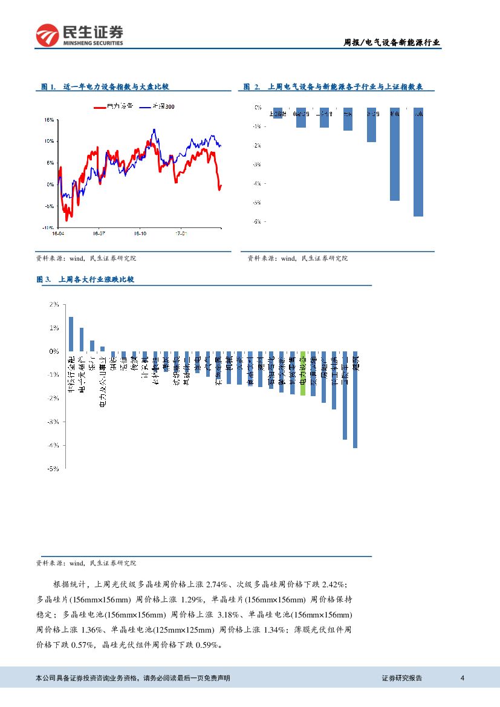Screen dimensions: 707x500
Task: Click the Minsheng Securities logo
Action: click(79, 35)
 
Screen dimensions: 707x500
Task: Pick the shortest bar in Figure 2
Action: click(278, 113)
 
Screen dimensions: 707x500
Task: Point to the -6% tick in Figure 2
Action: click(256, 222)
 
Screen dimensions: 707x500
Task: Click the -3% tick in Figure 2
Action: click(256, 165)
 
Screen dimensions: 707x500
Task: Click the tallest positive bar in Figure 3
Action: click(71, 334)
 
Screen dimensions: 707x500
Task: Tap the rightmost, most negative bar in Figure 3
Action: click(356, 399)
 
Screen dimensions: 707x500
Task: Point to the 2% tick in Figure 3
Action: click(53, 305)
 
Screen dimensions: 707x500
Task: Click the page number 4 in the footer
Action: click(462, 678)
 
